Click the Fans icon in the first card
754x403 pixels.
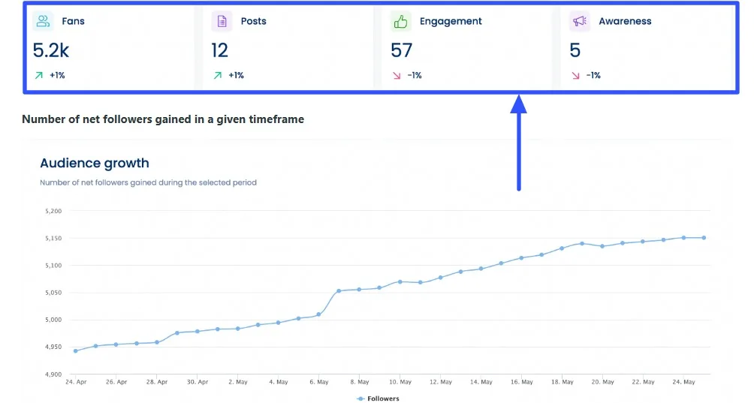[44, 21]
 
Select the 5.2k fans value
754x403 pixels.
[51, 50]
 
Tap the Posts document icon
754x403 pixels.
[222, 21]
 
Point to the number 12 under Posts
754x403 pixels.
[219, 50]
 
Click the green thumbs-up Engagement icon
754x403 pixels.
[400, 21]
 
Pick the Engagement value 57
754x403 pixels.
[402, 50]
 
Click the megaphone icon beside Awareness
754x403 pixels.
[579, 21]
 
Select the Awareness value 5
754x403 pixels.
[575, 50]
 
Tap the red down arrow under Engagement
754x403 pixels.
[397, 75]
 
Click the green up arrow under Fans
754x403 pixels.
[38, 75]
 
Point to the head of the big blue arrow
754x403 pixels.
[518, 104]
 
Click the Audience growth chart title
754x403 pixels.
[95, 163]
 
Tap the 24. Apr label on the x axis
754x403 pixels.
[76, 382]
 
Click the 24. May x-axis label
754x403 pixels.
[683, 382]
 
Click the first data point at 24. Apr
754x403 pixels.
[75, 350]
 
